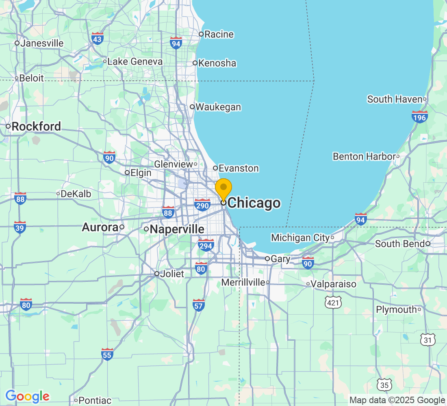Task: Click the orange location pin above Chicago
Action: click(x=223, y=188)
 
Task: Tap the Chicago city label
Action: click(x=254, y=203)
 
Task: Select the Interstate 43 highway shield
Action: click(x=98, y=39)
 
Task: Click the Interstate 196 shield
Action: click(x=419, y=117)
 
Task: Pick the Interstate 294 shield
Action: click(x=206, y=245)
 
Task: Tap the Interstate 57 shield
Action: click(x=198, y=305)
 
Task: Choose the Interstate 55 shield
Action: click(x=107, y=354)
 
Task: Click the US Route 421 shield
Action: click(x=333, y=302)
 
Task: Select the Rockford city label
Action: click(x=36, y=127)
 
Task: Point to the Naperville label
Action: click(x=177, y=229)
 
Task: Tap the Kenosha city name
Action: click(x=217, y=63)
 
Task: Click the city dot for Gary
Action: click(x=267, y=259)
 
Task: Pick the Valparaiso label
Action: click(x=334, y=284)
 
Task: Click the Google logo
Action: click(x=27, y=396)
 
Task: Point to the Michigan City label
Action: click(x=300, y=238)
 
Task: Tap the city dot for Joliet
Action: click(x=157, y=274)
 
